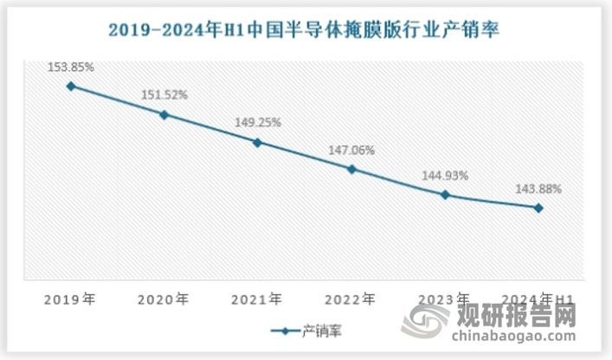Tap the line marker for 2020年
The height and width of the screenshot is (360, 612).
164,114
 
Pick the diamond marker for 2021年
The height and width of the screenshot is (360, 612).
257,142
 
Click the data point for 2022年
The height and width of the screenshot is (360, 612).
351,169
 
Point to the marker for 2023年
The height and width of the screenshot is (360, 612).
445,195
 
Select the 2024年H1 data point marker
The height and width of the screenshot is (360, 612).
538,208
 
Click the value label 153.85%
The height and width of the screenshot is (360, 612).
71,66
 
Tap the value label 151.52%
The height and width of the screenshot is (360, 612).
164,94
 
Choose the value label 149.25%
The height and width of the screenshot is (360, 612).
257,122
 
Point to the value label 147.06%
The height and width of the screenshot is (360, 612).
351,150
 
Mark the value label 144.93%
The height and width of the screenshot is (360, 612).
445,175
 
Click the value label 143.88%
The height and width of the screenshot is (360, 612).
538,188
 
